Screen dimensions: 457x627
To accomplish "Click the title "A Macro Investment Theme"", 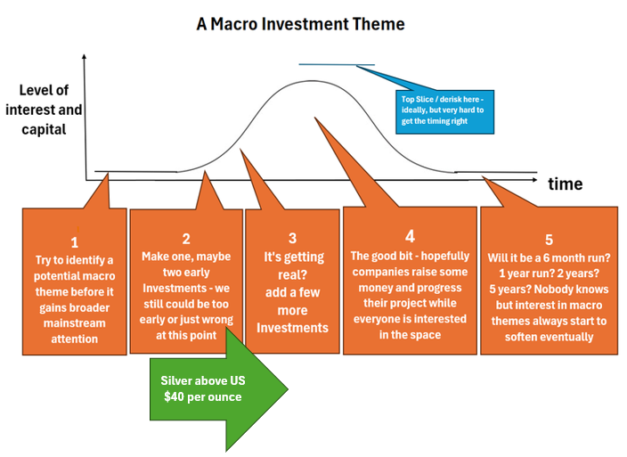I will tap(300, 24).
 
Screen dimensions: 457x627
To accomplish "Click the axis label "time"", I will tap(565, 184).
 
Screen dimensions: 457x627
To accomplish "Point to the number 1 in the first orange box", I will tap(75, 241).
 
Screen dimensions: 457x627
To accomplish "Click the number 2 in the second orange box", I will tap(186, 238).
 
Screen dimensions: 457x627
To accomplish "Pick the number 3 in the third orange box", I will tap(292, 238).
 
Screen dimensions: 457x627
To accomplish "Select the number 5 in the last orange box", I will tap(549, 240).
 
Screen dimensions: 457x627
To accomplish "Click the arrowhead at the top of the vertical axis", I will tap(85, 55).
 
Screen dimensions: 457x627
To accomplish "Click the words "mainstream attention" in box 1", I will tap(75, 331).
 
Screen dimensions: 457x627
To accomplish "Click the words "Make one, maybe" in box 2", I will tap(185, 257).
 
